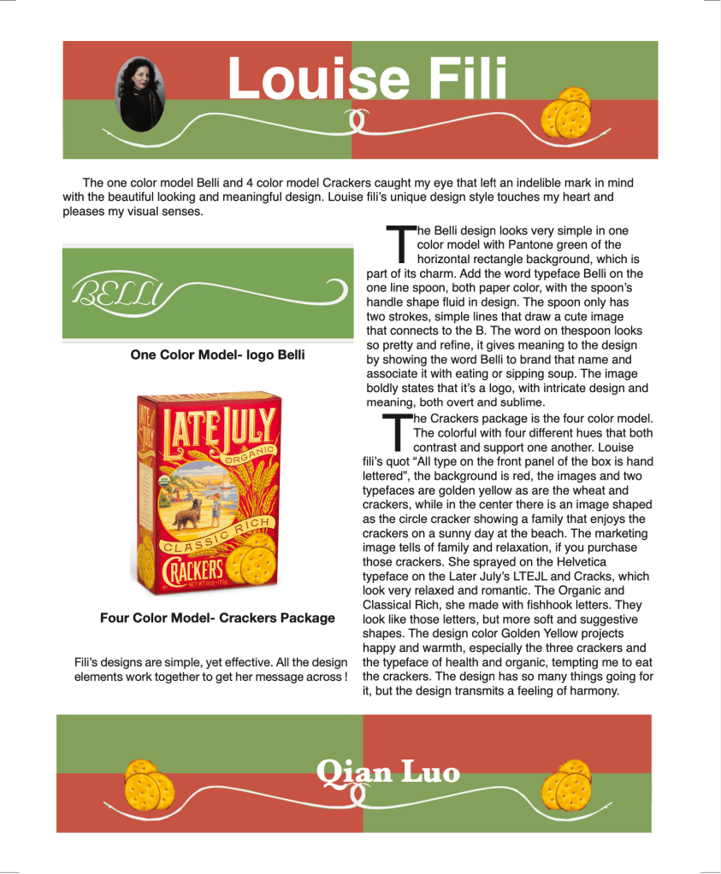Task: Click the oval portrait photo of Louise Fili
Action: pos(139,93)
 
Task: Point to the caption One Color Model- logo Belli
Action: pos(217,354)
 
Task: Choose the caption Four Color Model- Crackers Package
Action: pos(217,617)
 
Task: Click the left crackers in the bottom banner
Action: pos(150,784)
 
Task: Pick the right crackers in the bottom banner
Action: pos(567,785)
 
